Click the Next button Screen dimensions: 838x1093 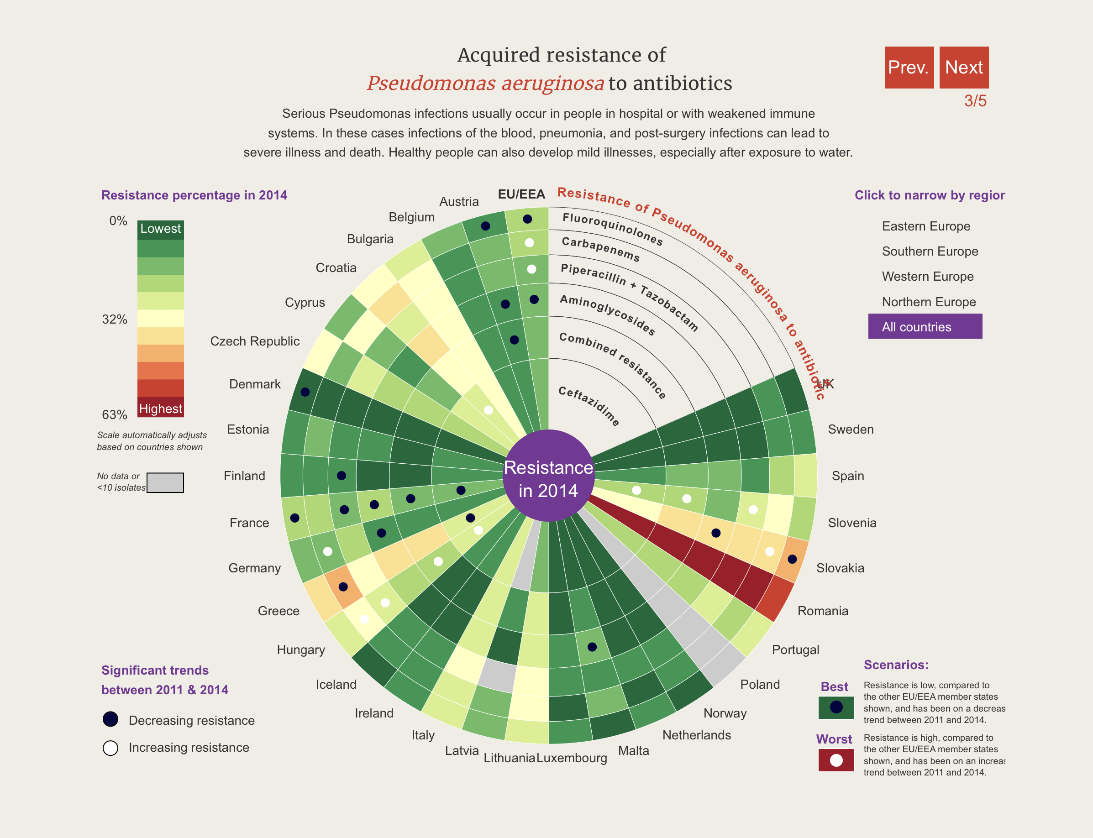pyautogui.click(x=963, y=68)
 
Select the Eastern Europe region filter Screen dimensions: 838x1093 pyautogui.click(x=925, y=226)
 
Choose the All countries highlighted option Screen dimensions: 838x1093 pyautogui.click(x=925, y=327)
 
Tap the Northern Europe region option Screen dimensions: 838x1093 pyautogui.click(x=928, y=302)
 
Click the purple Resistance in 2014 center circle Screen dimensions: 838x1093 pyautogui.click(x=548, y=478)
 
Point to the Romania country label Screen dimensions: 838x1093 pyautogui.click(x=822, y=611)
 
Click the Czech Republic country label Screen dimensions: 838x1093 pyautogui.click(x=254, y=341)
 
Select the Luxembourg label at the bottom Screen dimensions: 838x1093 pyautogui.click(x=572, y=758)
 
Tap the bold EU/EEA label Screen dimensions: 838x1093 pyautogui.click(x=521, y=194)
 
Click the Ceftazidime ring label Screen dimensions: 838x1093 pyautogui.click(x=589, y=405)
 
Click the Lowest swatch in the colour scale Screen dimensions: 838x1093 pyautogui.click(x=160, y=229)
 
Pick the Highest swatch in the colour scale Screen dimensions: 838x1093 pyautogui.click(x=160, y=408)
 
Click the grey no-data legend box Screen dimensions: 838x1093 pyautogui.click(x=165, y=482)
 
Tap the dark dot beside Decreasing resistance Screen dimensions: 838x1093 pyautogui.click(x=110, y=719)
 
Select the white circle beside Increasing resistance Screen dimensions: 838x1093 pyautogui.click(x=110, y=748)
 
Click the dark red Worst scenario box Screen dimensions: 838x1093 pyautogui.click(x=836, y=760)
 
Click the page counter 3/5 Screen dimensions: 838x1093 pyautogui.click(x=975, y=101)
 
